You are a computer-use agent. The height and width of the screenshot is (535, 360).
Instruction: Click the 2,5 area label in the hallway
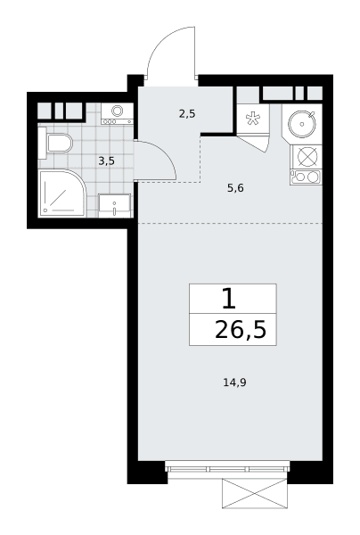[x=187, y=113]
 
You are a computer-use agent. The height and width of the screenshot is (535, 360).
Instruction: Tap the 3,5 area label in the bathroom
[x=106, y=160]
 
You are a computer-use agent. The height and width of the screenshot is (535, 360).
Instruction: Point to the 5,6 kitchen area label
[x=235, y=187]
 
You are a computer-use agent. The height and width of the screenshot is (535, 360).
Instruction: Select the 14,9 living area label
[x=234, y=383]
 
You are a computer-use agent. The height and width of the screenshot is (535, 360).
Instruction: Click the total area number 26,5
[x=241, y=330]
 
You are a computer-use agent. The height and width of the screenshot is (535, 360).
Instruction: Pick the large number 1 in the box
[x=229, y=298]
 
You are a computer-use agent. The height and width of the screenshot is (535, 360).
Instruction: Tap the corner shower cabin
[x=62, y=193]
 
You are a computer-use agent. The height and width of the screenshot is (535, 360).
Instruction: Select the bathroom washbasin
[x=115, y=205]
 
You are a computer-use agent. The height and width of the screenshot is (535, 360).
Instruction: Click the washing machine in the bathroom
[x=117, y=114]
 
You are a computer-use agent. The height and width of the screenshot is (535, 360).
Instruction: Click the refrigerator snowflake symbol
[x=253, y=118]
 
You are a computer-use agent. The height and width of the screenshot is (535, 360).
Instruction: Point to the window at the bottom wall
[x=227, y=466]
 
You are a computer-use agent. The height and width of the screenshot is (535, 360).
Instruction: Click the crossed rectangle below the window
[x=255, y=493]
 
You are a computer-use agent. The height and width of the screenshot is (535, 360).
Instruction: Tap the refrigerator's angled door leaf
[x=255, y=144]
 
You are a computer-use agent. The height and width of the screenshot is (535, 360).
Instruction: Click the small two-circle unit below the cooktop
[x=306, y=177]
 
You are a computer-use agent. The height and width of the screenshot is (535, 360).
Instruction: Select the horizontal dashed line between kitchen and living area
[x=230, y=224]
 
